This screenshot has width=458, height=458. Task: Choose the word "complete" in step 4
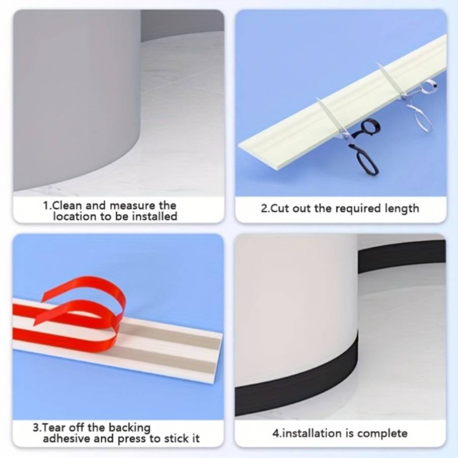tap(382, 434)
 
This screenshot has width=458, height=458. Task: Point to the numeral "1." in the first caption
tap(47, 206)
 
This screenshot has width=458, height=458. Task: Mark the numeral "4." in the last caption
tap(277, 434)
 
